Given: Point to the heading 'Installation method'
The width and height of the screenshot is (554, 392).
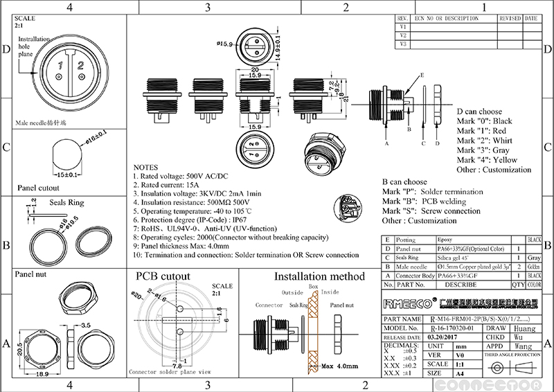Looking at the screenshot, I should coord(319,276).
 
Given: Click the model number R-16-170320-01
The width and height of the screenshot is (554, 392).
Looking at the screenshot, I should coord(452,328).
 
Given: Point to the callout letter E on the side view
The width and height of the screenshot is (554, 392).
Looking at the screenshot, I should coord(422,74).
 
